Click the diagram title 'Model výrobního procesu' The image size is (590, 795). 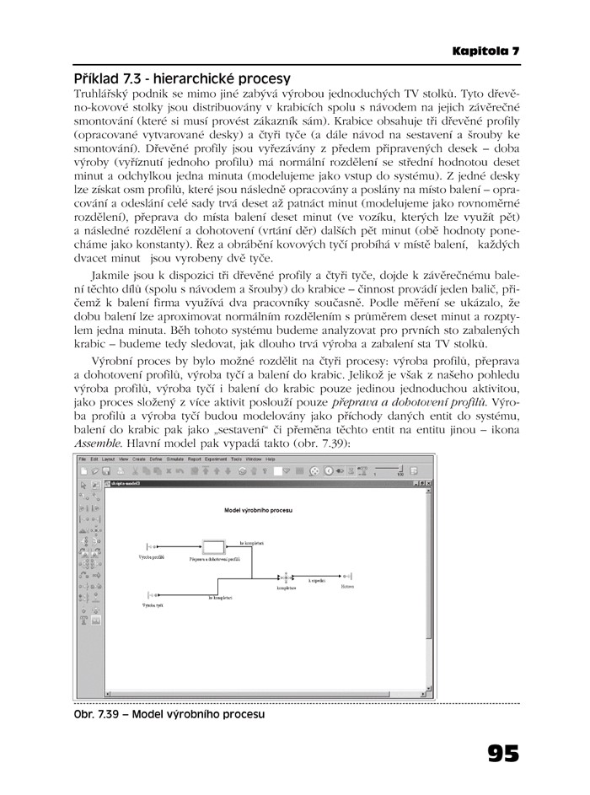tap(257, 510)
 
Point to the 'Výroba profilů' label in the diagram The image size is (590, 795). tap(151, 558)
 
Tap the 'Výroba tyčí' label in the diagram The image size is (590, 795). tap(153, 605)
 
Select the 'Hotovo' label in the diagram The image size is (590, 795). tap(347, 588)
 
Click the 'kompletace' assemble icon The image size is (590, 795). tap(286, 578)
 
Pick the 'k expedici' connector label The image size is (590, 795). tap(317, 581)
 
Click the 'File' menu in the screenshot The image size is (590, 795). tap(83, 459)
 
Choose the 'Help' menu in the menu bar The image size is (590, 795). tap(271, 459)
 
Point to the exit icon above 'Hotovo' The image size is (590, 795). tap(346, 578)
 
